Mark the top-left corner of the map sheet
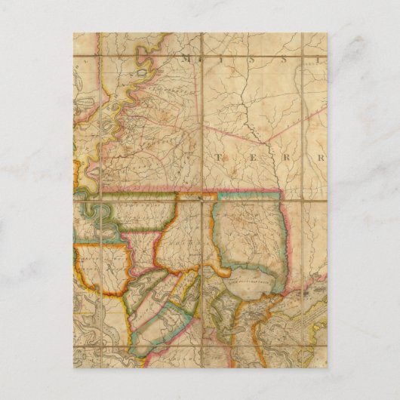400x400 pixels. (74, 33)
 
